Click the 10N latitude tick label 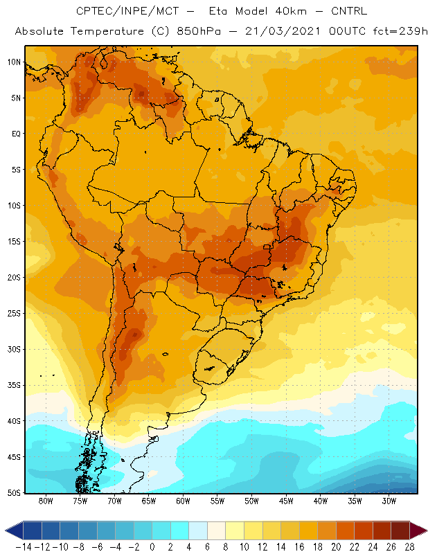14,62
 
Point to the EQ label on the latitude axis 16,134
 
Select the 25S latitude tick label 14,314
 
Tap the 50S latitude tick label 14,492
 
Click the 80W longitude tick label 46,501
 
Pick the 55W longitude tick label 217,501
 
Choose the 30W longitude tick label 389,501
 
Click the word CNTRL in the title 349,11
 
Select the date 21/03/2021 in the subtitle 283,31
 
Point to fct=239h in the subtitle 400,31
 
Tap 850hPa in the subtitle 199,31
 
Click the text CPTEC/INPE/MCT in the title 127,11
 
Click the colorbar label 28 409,547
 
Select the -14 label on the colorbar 24,547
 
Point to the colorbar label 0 152,547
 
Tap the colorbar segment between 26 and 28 400,530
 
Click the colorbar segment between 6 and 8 216,530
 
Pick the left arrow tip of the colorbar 6,530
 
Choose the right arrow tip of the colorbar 427,530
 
